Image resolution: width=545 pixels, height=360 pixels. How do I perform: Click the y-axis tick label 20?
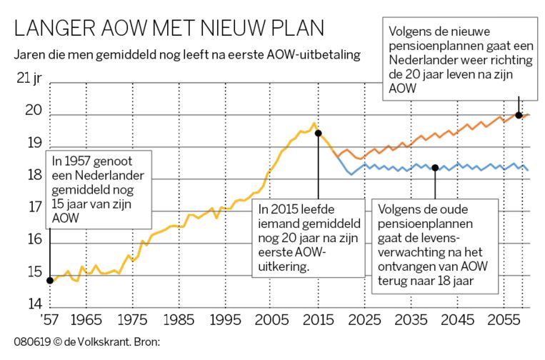tap(34, 111)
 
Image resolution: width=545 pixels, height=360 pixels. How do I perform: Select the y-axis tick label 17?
tap(34, 207)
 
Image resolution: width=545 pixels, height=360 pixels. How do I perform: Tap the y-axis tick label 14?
tap(34, 304)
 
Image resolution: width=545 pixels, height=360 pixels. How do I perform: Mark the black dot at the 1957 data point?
tap(49, 280)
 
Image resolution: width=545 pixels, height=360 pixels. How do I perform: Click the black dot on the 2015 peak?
tap(318, 133)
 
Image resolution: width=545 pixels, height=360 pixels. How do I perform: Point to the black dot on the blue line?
tap(435, 168)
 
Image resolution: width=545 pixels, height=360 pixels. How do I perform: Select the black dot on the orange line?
tap(518, 115)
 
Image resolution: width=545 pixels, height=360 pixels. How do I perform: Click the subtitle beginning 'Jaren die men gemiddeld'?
tap(186, 54)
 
